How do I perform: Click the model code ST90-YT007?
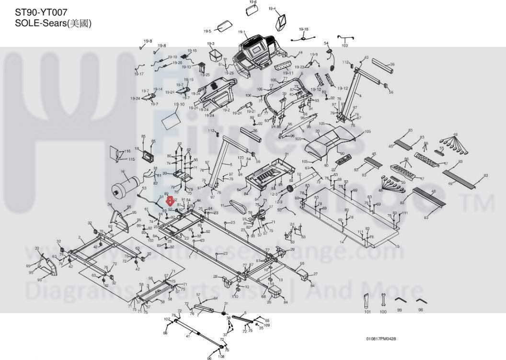click(41, 12)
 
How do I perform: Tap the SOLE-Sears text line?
click(53, 23)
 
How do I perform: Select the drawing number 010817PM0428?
click(381, 339)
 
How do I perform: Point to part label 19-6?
click(253, 2)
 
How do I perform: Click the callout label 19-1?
click(241, 33)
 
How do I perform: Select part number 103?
click(345, 45)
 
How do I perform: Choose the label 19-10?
click(179, 104)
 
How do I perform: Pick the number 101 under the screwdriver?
click(368, 312)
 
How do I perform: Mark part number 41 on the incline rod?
click(188, 336)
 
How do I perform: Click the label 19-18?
click(304, 29)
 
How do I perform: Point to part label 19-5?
click(207, 32)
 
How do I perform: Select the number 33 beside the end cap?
click(37, 248)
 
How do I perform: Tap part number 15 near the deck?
click(397, 246)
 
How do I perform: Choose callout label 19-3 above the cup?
click(211, 44)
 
